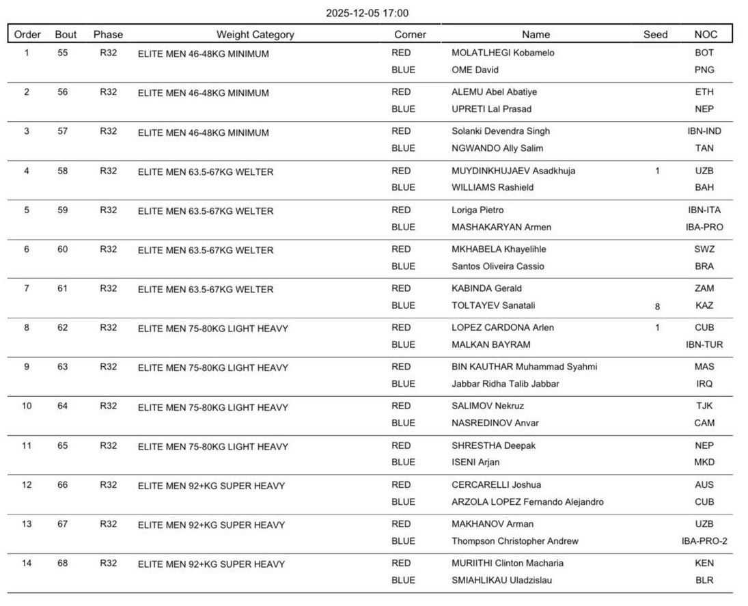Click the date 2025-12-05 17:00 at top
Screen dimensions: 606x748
[x=367, y=13]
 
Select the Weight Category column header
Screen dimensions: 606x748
[x=255, y=34]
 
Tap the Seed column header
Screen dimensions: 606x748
[x=655, y=34]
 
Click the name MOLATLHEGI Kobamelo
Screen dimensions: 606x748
[x=503, y=53]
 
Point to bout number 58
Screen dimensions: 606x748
[x=63, y=171]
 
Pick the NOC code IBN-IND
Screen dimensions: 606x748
[x=704, y=131]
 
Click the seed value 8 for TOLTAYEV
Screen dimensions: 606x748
[x=657, y=307]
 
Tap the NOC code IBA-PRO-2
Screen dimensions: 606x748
[x=704, y=541]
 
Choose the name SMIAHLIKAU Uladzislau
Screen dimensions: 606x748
[x=502, y=580]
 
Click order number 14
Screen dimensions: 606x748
[x=27, y=563]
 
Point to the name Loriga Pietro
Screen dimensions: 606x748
[x=477, y=210]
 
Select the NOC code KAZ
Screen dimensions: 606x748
[x=704, y=305]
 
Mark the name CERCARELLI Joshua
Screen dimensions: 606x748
[x=496, y=484]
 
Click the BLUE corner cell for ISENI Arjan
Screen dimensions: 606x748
[x=403, y=462]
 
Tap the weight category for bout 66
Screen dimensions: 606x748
[x=211, y=486]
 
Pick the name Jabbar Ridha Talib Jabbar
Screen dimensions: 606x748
[x=505, y=384]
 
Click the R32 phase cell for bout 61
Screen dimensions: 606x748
[x=108, y=288]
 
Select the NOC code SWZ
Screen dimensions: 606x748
[x=704, y=249]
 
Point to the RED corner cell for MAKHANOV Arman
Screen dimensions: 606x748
[x=401, y=524]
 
